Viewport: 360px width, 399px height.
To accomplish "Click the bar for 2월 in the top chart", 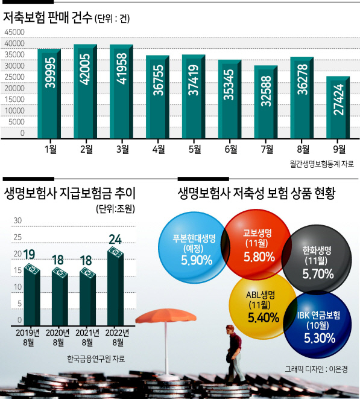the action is point(85,91).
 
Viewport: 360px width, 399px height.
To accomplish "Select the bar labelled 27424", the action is point(338,107).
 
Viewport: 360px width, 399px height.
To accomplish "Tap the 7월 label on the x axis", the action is point(267,149).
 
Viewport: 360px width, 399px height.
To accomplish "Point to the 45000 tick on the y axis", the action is point(14,32).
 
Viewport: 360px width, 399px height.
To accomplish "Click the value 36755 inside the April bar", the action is point(158,80).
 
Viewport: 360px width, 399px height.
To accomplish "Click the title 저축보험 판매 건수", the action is point(47,18).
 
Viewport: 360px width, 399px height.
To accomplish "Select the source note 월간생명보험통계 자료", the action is point(321,164).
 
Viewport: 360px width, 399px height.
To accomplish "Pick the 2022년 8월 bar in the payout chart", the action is point(115,286).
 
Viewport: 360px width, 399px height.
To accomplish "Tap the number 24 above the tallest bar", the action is point(115,239).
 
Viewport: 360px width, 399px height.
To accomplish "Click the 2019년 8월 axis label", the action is point(28,337).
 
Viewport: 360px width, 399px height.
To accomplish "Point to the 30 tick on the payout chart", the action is point(17,220).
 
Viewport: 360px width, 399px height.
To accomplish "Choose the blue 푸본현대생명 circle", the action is point(192,247).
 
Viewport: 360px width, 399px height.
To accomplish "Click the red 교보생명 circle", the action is point(256,245).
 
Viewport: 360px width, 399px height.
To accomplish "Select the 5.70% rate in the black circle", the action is point(318,274).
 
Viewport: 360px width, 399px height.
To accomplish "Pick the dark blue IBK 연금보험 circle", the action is point(318,325).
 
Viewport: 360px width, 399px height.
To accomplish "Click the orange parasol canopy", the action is point(166,316).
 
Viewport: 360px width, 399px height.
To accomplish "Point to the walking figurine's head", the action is point(230,330).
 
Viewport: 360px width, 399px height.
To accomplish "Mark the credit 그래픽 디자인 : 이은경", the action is point(316,369).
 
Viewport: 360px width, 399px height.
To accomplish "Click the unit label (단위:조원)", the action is point(115,209).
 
